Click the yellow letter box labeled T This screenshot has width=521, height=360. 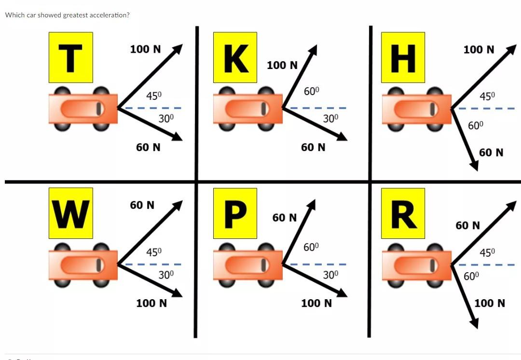pyautogui.click(x=70, y=57)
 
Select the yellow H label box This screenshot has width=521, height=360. pyautogui.click(x=403, y=57)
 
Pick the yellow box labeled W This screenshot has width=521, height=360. pyautogui.click(x=70, y=213)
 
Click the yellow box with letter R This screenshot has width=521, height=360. pyautogui.click(x=403, y=213)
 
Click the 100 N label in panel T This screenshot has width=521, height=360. pyautogui.click(x=145, y=49)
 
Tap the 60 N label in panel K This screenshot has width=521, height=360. pyautogui.click(x=313, y=147)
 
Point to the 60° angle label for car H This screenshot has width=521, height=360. pyautogui.click(x=476, y=126)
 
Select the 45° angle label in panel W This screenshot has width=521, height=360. pyautogui.click(x=154, y=252)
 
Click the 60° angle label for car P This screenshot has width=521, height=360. pyautogui.click(x=311, y=248)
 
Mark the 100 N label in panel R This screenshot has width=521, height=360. pyautogui.click(x=490, y=303)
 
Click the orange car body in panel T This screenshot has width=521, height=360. pyautogui.click(x=83, y=109)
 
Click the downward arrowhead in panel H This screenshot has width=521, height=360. pyautogui.click(x=474, y=166)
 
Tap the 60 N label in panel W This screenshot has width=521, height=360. pyautogui.click(x=142, y=205)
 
